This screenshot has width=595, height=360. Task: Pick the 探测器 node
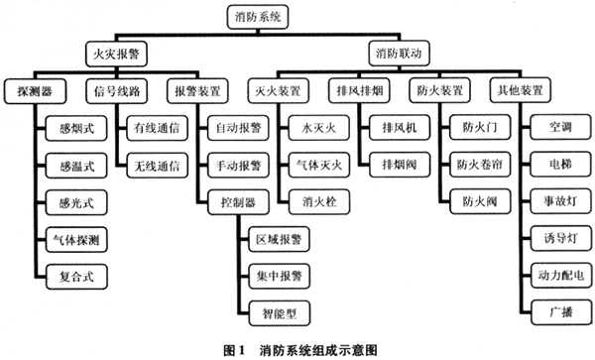tap(31, 90)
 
